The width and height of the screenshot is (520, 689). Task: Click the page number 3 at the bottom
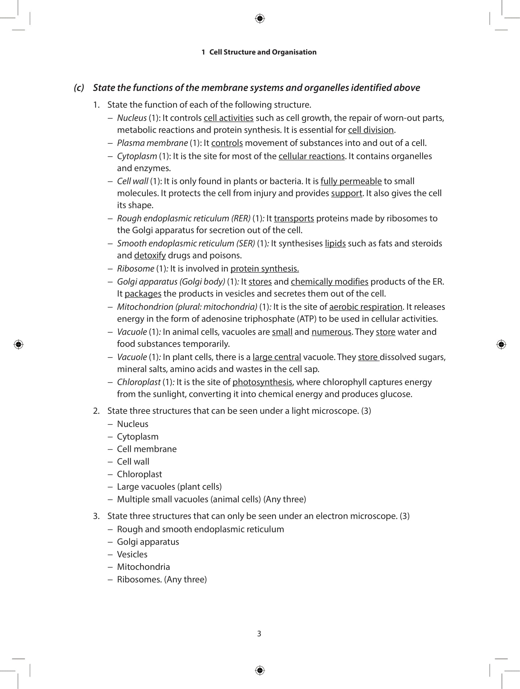point(259,634)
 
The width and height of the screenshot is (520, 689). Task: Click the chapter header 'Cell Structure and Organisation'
point(263,52)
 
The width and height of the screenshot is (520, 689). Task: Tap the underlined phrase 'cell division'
point(370,130)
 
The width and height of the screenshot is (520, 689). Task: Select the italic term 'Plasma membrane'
point(152,143)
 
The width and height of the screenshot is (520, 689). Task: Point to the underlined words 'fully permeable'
point(351,181)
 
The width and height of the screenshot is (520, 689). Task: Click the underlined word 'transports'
point(294,218)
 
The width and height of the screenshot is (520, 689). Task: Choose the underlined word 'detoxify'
point(150,255)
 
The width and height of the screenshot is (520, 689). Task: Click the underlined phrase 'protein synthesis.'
point(265,268)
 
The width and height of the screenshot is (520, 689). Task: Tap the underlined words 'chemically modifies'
point(329,282)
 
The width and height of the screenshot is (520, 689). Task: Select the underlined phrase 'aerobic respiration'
point(365,307)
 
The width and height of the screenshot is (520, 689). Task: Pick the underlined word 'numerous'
point(331,332)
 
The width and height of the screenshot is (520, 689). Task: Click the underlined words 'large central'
point(277,357)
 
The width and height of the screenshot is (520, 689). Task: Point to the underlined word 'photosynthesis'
point(262,382)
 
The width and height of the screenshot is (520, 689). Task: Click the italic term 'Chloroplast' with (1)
point(139,382)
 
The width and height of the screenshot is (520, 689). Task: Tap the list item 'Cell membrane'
point(147,449)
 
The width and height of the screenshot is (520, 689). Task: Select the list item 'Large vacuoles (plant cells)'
point(169,487)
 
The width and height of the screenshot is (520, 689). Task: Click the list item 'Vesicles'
point(132,554)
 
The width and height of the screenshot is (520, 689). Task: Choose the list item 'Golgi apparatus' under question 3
point(148,542)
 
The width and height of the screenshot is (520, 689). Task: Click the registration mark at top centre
point(260,19)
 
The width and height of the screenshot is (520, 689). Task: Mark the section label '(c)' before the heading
point(79,88)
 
